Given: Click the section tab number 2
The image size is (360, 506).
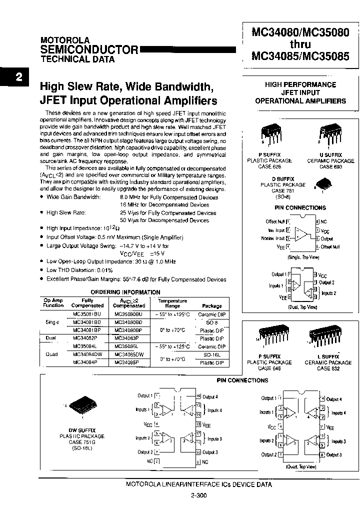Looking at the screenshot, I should click(x=18, y=77).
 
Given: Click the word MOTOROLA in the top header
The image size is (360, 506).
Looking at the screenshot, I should click(x=64, y=40).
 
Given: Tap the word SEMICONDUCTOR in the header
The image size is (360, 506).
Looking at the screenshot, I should click(x=89, y=49).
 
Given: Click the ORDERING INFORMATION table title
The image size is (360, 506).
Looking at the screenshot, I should click(x=125, y=292).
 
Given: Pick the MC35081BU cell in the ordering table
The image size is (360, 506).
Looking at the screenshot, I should click(x=87, y=314).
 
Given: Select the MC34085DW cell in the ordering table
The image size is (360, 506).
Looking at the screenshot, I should click(x=129, y=354).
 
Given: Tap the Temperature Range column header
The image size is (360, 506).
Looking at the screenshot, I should click(x=172, y=303).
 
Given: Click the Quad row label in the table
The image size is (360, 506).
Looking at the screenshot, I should click(x=51, y=354).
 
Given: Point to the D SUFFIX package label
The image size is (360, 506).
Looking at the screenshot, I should click(x=282, y=178).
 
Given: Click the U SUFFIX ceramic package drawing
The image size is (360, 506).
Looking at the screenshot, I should click(x=330, y=135).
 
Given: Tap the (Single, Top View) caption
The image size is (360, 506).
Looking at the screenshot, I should click(x=303, y=257).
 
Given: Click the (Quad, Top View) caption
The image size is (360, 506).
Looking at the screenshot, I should click(x=300, y=466).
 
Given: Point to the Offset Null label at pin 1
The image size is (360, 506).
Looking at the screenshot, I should click(x=275, y=221).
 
